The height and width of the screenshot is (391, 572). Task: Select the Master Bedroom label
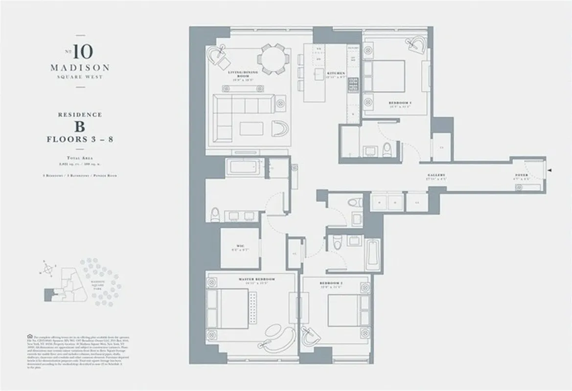click(x=256, y=280)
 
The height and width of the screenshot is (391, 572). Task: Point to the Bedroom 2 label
click(x=331, y=284)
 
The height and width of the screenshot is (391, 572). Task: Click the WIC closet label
click(x=240, y=248)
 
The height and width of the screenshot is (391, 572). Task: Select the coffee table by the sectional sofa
click(x=251, y=129)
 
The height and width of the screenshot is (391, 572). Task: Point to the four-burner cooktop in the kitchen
click(x=353, y=85)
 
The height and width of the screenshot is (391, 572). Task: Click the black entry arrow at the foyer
click(x=550, y=171)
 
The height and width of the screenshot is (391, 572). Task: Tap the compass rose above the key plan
click(x=48, y=268)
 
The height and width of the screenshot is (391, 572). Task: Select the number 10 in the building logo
click(x=83, y=51)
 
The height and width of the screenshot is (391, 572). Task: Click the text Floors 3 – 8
click(x=80, y=139)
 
